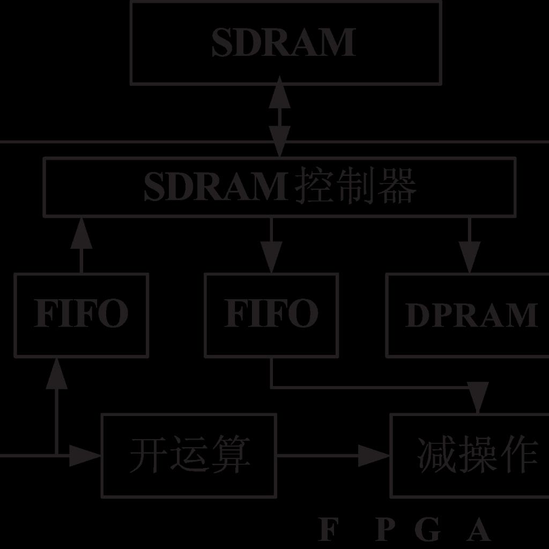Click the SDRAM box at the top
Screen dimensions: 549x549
pos(286,42)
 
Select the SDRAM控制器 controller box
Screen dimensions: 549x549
pos(279,187)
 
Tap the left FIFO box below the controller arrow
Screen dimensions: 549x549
pos(81,315)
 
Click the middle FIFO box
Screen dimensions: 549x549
pos(271,315)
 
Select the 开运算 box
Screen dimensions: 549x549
pos(189,455)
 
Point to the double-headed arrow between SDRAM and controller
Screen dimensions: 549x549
pos(279,119)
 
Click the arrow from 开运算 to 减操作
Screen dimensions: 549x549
pos(332,455)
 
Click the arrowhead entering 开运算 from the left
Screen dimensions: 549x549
pos(86,455)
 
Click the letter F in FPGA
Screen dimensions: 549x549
pos(329,530)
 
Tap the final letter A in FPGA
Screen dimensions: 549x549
pos(479,530)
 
